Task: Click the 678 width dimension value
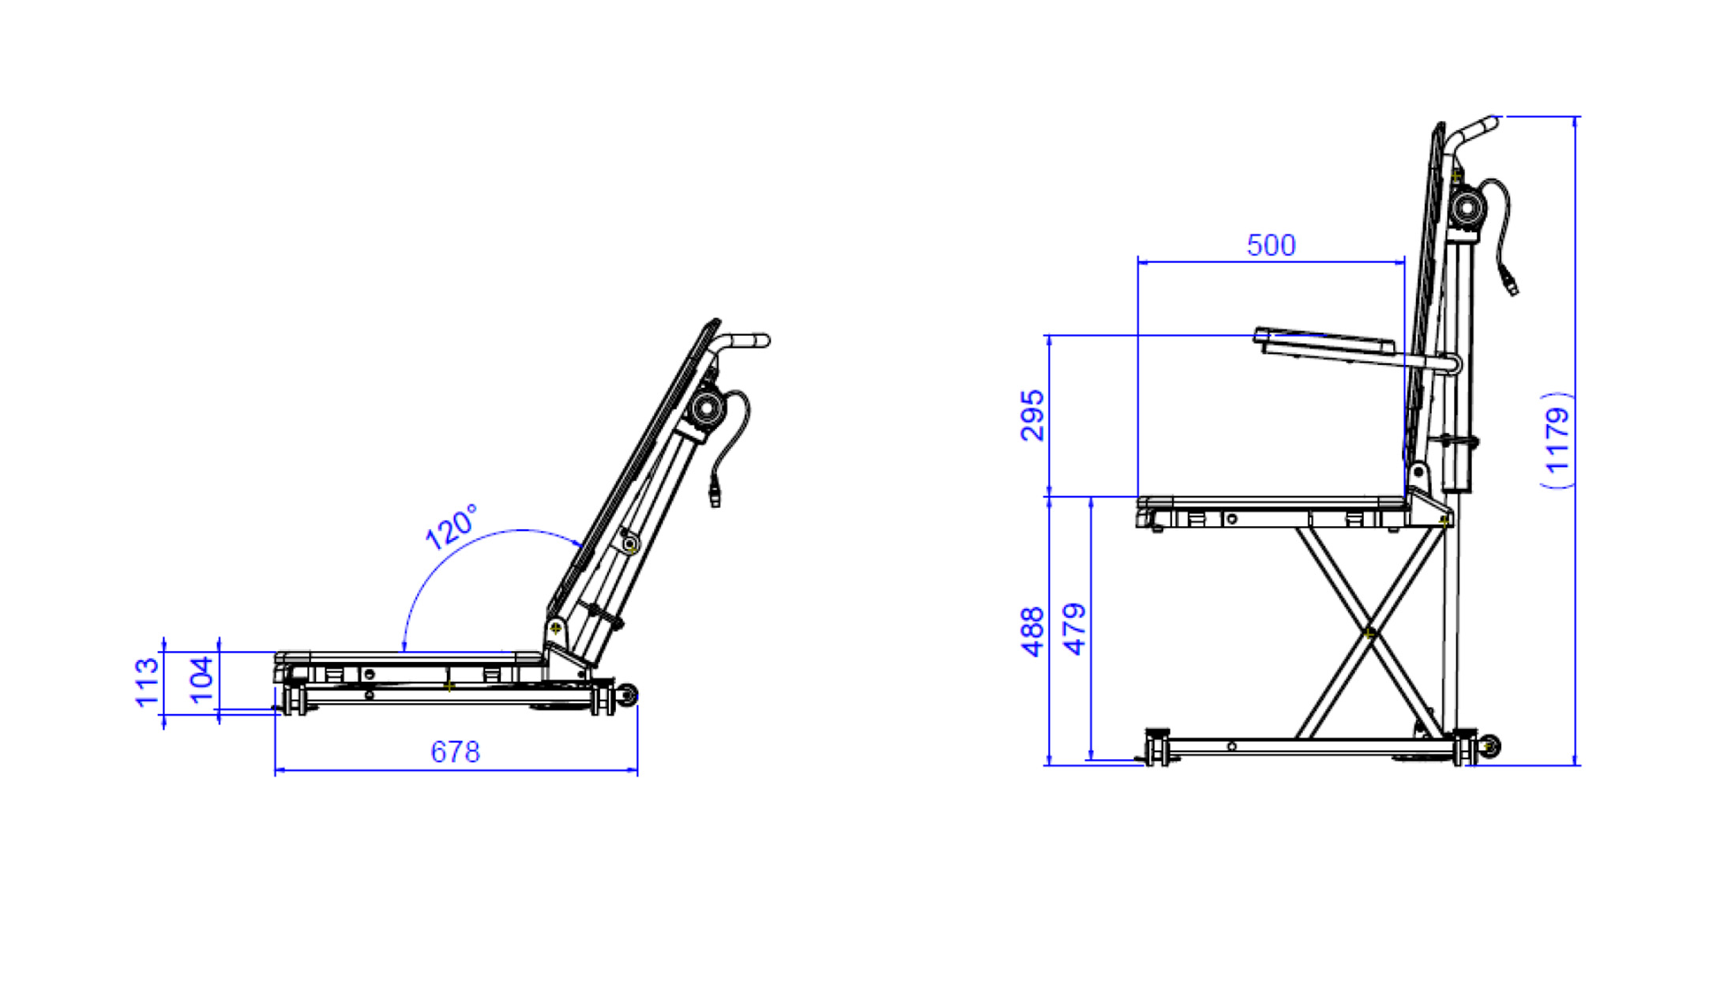click(x=455, y=751)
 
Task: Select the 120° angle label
click(x=452, y=526)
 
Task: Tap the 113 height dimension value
click(x=148, y=683)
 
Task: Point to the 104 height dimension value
click(x=202, y=679)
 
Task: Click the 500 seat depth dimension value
click(x=1271, y=245)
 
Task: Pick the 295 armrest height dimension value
click(x=1032, y=416)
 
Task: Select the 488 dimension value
click(x=1032, y=632)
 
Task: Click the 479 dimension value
click(x=1075, y=629)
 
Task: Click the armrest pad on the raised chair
click(x=1324, y=341)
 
